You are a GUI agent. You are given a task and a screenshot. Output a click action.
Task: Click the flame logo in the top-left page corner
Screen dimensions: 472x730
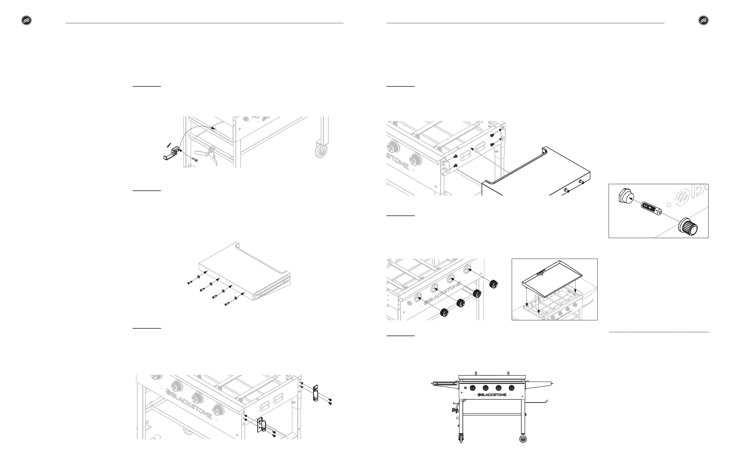26,21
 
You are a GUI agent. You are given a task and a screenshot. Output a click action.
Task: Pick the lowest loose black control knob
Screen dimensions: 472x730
444,313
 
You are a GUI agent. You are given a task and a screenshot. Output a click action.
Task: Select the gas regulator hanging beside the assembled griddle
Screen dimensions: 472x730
454,410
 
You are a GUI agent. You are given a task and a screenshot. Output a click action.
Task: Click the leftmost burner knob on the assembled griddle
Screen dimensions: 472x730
473,388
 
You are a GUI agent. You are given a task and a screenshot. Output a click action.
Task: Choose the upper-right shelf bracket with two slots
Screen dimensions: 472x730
315,393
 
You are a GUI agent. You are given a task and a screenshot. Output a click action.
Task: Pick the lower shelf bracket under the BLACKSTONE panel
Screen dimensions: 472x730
261,425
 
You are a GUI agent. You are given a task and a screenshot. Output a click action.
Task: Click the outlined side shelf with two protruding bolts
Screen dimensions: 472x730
537,172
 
